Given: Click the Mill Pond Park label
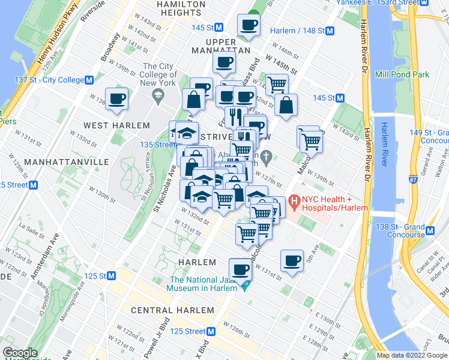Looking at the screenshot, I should point(402,74).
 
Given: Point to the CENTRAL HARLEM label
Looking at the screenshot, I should point(172,310).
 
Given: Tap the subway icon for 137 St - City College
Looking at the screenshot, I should point(89,80).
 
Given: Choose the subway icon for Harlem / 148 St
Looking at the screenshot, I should point(330,31).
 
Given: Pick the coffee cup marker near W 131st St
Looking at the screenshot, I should point(292,260).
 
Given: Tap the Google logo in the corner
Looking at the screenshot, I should point(20,353).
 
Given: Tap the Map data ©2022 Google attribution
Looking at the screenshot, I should point(411,355).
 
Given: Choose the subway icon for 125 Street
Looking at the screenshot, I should point(211,331).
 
